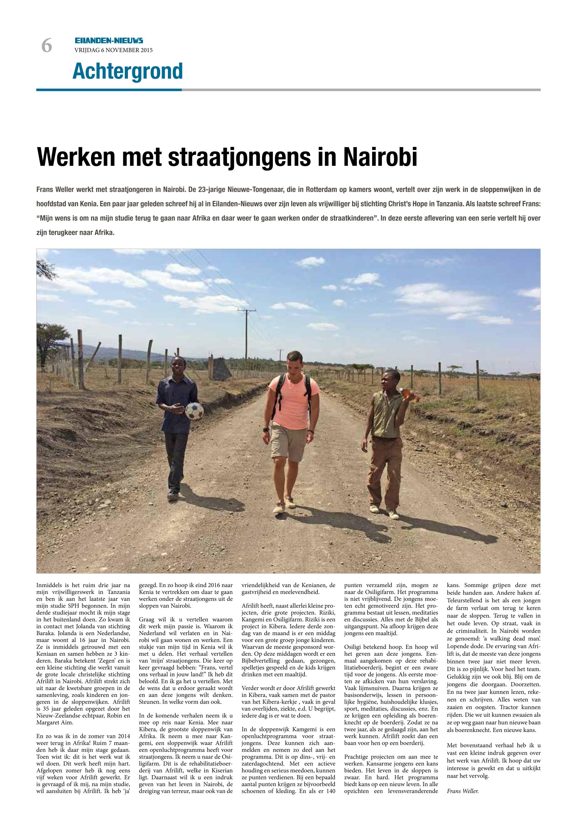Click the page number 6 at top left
(x=47, y=46)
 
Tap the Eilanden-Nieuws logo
(x=109, y=41)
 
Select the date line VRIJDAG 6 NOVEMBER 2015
(x=114, y=50)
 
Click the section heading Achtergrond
(x=128, y=71)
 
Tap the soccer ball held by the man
(x=195, y=410)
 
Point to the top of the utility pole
(x=247, y=310)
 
